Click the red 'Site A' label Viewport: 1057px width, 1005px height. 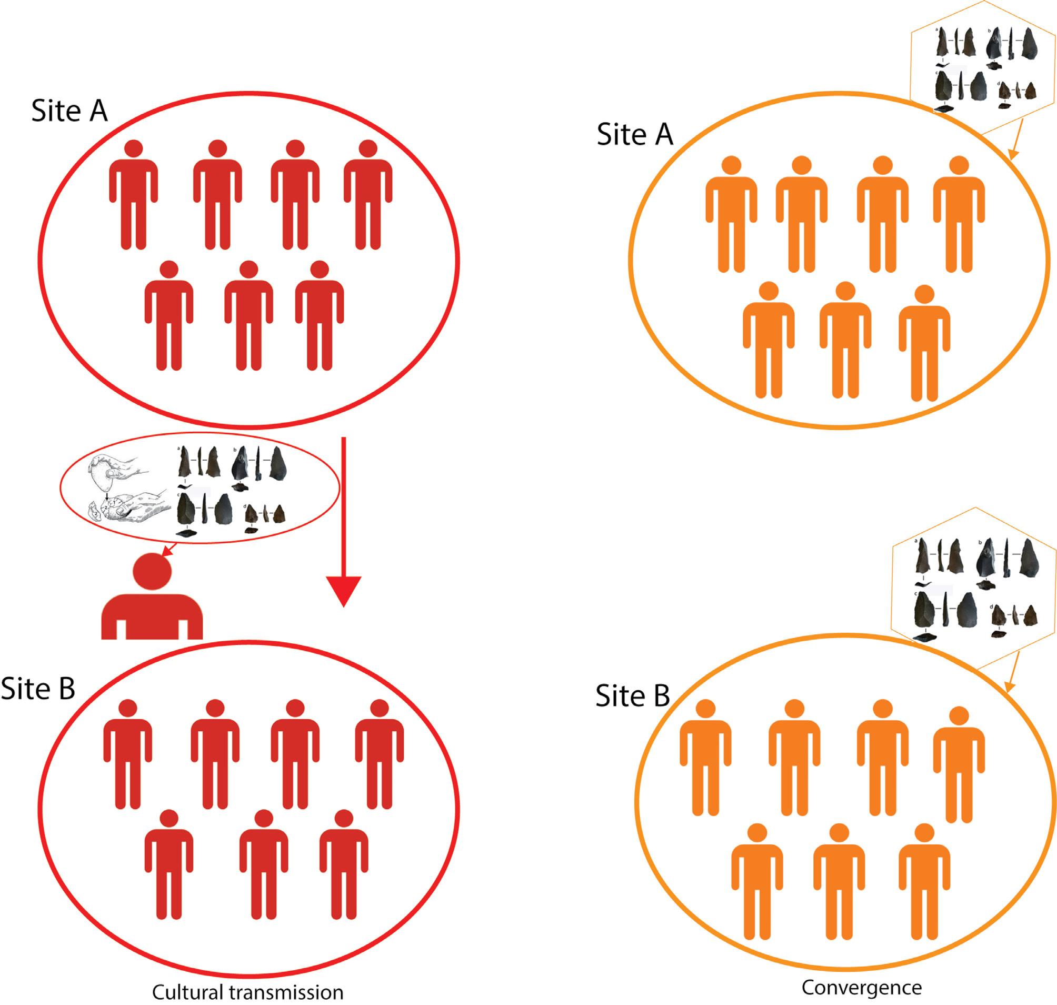point(69,112)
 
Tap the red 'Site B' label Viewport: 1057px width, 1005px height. point(37,689)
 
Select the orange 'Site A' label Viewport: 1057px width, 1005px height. point(634,134)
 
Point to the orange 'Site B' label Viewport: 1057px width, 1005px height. point(633,696)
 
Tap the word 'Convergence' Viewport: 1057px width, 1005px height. point(862,987)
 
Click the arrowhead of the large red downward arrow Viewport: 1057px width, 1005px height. point(343,590)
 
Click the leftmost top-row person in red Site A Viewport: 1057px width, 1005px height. point(133,195)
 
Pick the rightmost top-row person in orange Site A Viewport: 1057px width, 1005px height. point(959,214)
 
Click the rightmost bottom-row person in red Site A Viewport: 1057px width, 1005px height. point(320,315)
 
